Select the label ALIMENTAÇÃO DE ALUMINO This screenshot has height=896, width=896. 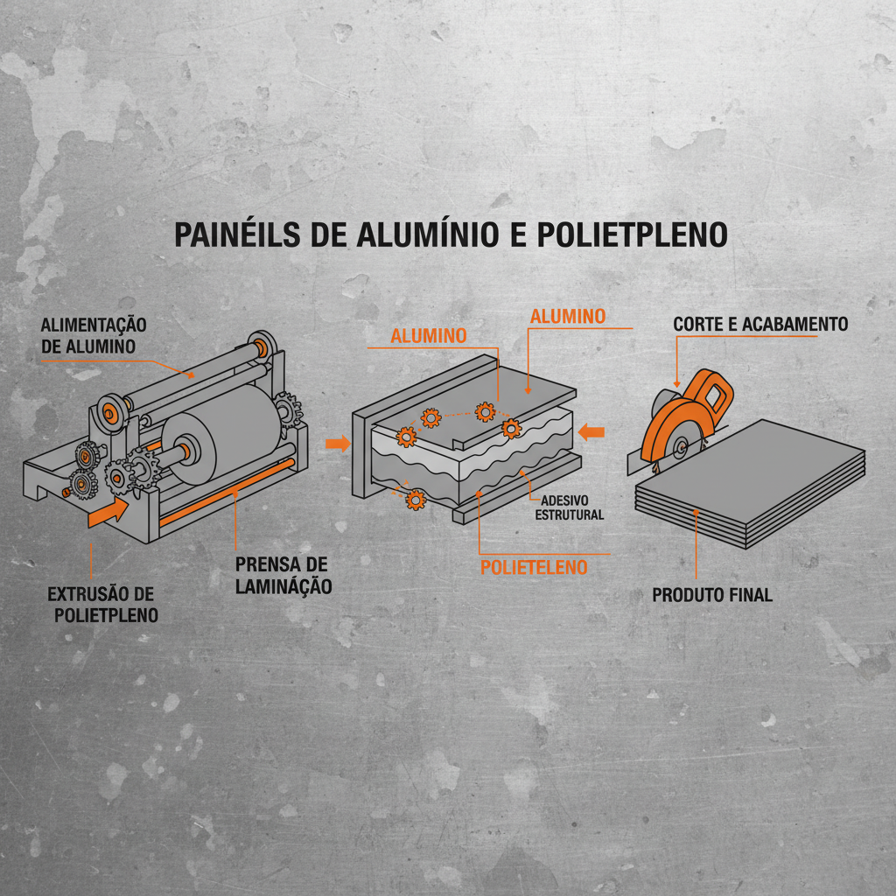click(94, 335)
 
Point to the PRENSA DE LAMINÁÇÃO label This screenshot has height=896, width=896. click(283, 575)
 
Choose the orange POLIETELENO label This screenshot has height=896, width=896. click(534, 567)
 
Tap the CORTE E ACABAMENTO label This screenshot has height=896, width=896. click(760, 325)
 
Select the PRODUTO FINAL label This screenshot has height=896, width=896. click(712, 595)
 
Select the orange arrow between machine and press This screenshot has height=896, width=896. click(337, 444)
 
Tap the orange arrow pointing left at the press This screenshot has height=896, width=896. click(592, 430)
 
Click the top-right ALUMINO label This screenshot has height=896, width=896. click(568, 316)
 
